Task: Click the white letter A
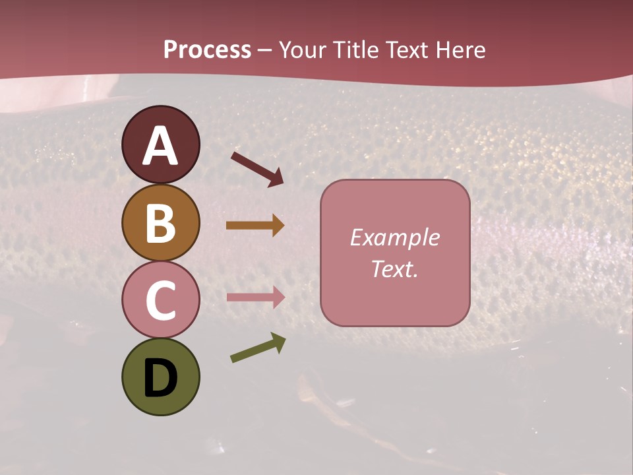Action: (x=161, y=146)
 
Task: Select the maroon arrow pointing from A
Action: (x=257, y=168)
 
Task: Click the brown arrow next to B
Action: (x=255, y=225)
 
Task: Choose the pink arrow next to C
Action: (x=255, y=297)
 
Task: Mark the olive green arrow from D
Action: (x=258, y=348)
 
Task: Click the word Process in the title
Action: (x=207, y=50)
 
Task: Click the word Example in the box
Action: (x=394, y=238)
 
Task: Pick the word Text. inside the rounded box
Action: (x=394, y=269)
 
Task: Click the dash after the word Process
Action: (x=265, y=51)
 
